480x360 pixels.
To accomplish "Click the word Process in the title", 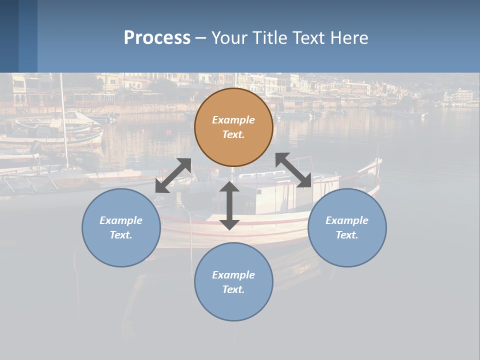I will coord(157,38).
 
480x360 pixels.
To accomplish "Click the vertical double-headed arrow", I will coord(229,205).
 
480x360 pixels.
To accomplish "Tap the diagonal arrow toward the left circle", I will coord(173,175).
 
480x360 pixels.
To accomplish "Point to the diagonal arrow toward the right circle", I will coord(293,170).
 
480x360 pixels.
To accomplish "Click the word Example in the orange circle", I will coord(233,120).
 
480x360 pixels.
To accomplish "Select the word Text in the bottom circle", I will coord(233,289).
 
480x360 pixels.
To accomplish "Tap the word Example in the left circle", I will coord(121,220).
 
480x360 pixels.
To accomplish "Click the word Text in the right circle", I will coord(346,235).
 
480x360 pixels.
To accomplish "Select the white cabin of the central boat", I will coord(270,195).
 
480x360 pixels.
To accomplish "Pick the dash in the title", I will coord(200,38).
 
